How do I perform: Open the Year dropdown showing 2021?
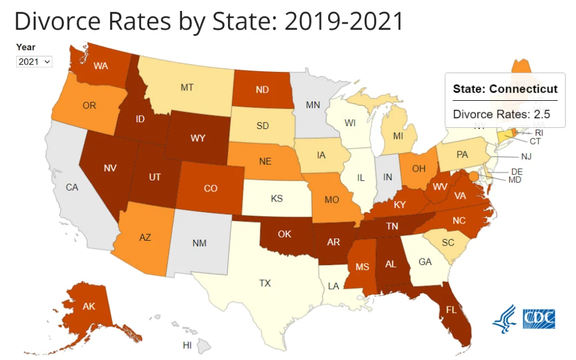[34, 61]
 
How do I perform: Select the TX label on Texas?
[264, 283]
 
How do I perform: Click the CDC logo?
[539, 318]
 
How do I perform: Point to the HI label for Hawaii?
[187, 345]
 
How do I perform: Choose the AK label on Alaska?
[88, 306]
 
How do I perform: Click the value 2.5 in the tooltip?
[541, 114]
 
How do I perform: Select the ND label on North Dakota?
[262, 89]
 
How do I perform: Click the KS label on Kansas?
[278, 199]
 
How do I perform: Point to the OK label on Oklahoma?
[285, 234]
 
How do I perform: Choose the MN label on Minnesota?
[313, 105]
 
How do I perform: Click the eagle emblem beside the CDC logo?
[505, 319]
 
